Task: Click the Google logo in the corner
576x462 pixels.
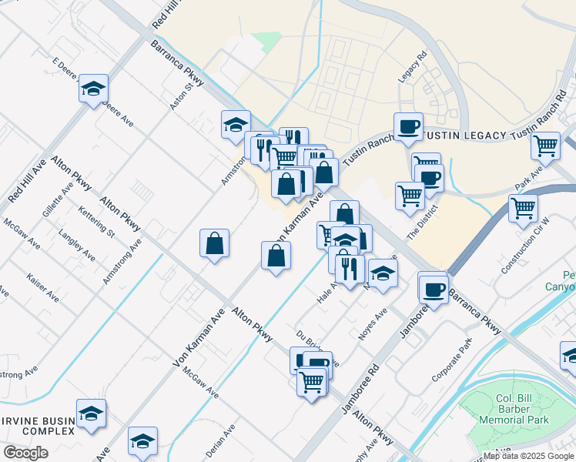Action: coord(25,453)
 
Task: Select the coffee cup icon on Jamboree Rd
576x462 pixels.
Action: coord(434,289)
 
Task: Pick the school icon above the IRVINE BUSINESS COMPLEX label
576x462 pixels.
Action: coord(92,412)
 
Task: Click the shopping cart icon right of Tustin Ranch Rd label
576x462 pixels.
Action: coord(545,144)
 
